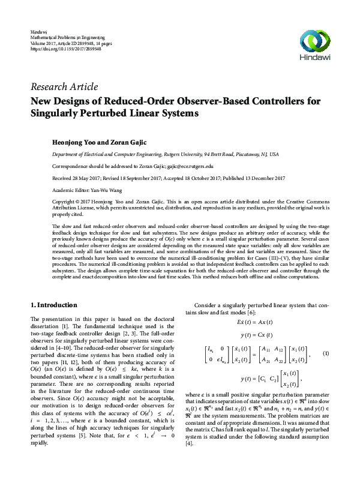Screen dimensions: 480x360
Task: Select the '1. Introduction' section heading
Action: click(x=53, y=304)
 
